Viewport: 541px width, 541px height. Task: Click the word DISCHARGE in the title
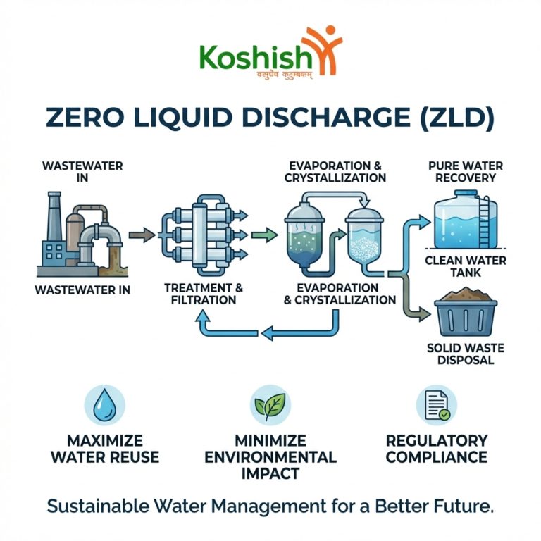tap(326, 118)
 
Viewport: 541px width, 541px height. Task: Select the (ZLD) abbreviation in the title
tap(457, 118)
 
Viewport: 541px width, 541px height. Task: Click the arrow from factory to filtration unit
tap(142, 235)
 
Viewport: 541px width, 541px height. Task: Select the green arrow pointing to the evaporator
tap(264, 235)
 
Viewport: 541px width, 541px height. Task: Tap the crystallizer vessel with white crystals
tap(364, 238)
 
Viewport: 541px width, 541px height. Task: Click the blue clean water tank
tap(466, 220)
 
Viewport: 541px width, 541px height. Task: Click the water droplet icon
tap(104, 405)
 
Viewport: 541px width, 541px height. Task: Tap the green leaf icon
tap(270, 406)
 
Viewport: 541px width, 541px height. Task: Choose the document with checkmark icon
tap(437, 406)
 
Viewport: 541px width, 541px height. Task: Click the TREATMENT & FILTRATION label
tap(204, 294)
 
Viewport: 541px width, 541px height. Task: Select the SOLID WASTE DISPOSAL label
tap(466, 354)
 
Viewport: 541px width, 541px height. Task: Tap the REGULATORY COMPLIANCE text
tap(437, 449)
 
